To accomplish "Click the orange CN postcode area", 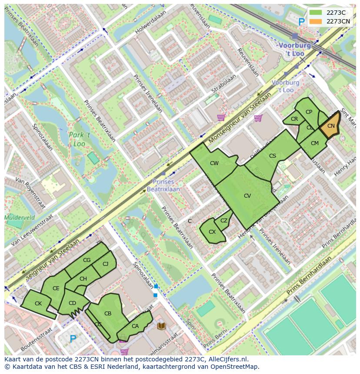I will (x=330, y=126).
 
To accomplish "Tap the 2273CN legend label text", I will (x=338, y=21).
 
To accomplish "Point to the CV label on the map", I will (x=247, y=196).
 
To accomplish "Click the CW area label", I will (x=214, y=163).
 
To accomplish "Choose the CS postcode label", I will (x=272, y=156).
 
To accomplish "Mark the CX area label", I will (x=212, y=232).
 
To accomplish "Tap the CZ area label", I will (x=223, y=221).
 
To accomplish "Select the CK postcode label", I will (x=38, y=304).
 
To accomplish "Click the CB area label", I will (x=108, y=313).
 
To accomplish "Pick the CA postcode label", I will (x=135, y=326).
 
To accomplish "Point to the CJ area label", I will (x=105, y=264).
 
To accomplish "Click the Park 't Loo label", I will (x=79, y=139).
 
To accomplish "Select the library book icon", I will (x=161, y=325).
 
